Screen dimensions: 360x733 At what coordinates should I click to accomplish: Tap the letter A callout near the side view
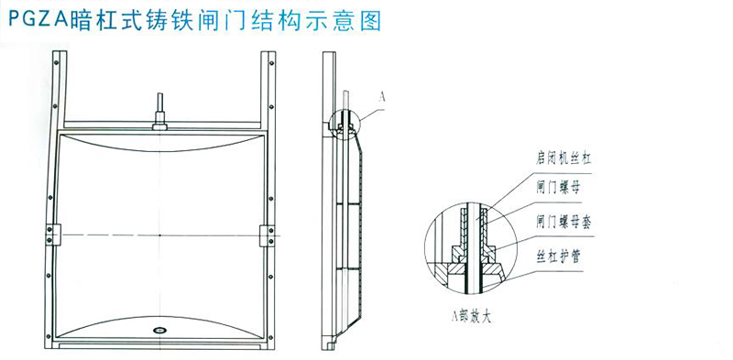(x=382, y=95)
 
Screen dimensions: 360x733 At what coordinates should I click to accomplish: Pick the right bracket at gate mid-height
(x=268, y=235)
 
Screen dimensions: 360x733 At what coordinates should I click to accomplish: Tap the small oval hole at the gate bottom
(x=160, y=329)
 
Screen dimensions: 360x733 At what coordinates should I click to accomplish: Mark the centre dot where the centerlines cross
(x=160, y=235)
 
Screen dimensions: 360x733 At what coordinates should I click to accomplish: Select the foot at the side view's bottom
(x=332, y=345)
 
